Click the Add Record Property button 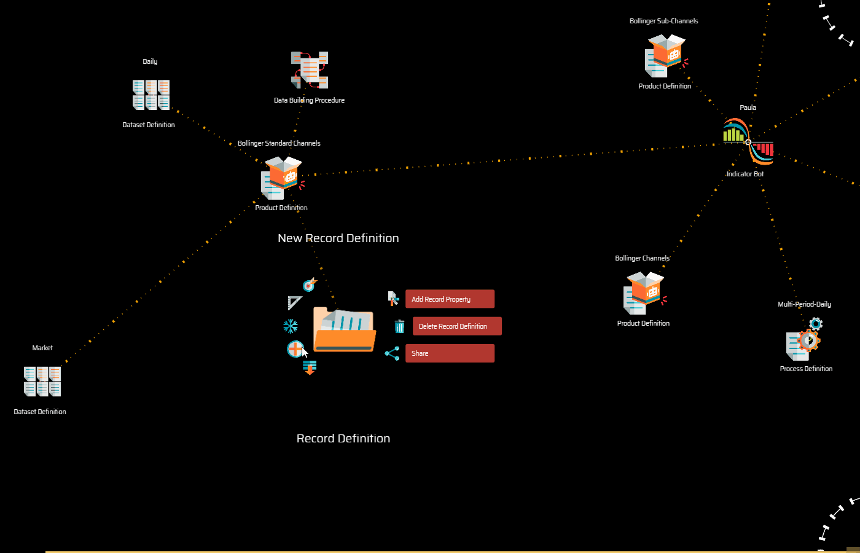coord(450,299)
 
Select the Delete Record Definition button coord(457,326)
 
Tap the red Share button coord(450,353)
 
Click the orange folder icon coord(344,330)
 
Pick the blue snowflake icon coord(291,326)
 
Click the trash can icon coord(399,326)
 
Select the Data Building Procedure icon coord(310,69)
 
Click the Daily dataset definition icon coord(151,95)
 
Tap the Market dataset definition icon coord(42,381)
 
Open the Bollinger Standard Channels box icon coord(282,178)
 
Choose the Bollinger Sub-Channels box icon coord(665,55)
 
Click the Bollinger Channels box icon coord(644,293)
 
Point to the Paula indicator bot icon coord(748,142)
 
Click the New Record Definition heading coord(338,238)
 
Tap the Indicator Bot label coord(745,174)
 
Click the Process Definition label coord(806,369)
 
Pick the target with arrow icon coord(309,285)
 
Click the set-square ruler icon coord(295,302)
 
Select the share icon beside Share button coord(392,353)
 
